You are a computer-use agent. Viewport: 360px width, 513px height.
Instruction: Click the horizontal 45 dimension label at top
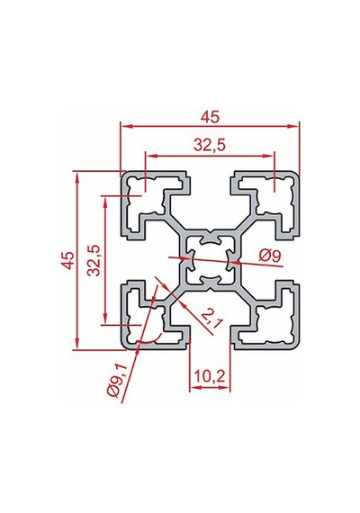210,117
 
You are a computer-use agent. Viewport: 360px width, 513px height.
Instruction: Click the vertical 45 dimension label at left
68,260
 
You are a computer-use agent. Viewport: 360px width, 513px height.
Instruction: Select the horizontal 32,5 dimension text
210,145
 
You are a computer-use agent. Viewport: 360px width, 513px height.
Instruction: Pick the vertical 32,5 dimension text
94,260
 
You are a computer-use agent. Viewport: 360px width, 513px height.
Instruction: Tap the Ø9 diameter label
270,256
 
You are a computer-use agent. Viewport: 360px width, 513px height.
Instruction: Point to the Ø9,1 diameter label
117,382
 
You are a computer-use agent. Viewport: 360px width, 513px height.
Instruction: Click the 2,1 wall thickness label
211,319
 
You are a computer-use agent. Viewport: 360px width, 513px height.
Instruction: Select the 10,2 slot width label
210,377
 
